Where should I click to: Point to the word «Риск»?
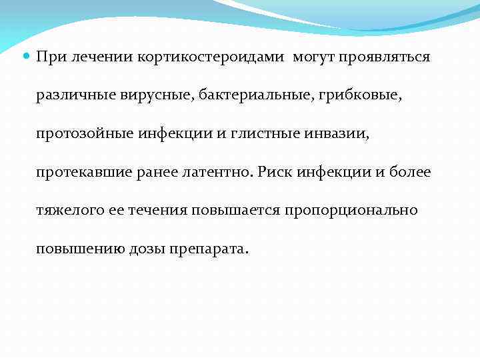pyautogui.click(x=275, y=173)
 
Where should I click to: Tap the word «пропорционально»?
pyautogui.click(x=351, y=211)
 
